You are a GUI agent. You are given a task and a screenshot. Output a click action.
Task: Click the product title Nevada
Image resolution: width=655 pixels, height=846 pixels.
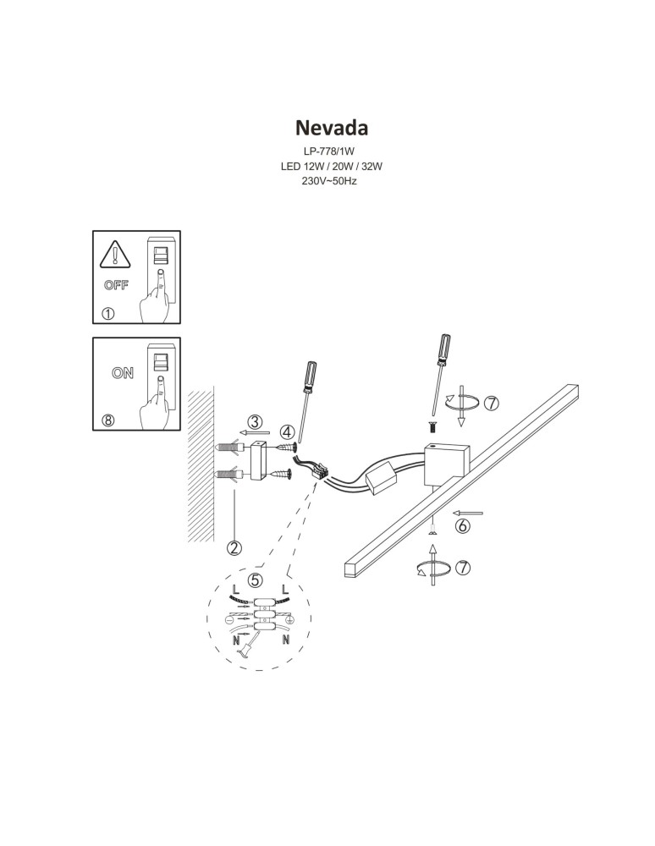(331, 128)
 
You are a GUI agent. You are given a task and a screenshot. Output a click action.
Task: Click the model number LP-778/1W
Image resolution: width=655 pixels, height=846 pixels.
(331, 152)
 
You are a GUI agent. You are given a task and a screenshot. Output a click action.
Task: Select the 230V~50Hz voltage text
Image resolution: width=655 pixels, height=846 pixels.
(331, 181)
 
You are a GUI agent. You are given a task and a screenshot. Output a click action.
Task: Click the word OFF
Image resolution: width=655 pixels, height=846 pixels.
(116, 285)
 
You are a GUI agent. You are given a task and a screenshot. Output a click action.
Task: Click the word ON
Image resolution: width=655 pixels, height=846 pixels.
(122, 372)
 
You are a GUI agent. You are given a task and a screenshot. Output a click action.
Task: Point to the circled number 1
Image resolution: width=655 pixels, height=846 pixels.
(107, 313)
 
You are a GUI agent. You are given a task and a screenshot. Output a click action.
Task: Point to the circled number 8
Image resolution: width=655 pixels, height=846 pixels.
(107, 420)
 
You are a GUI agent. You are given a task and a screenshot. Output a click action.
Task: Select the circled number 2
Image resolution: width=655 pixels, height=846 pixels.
(234, 547)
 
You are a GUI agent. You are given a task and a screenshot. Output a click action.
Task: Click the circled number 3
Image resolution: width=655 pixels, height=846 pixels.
(255, 421)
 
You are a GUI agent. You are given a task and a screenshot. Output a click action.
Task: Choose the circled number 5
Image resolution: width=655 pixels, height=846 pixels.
(256, 581)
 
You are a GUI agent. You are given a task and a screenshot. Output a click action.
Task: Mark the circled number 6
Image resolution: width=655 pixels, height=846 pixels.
(462, 526)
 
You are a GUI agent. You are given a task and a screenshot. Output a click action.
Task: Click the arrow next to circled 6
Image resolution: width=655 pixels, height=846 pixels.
(468, 512)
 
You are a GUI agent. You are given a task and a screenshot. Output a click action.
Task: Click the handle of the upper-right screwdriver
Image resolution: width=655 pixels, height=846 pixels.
(443, 347)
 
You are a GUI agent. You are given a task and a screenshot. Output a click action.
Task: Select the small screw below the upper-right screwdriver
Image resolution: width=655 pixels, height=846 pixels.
(432, 424)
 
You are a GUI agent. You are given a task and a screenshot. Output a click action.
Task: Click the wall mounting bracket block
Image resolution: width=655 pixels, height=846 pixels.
(258, 460)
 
